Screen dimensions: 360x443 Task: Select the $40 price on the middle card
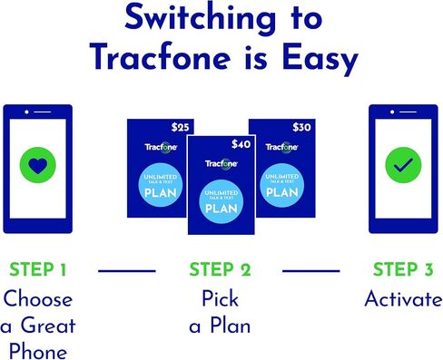(241, 143)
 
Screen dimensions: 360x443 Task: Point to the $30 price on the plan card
(300, 128)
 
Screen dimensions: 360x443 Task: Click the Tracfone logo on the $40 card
(221, 164)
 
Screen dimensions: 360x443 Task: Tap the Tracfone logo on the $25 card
(159, 147)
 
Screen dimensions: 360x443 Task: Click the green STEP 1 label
(38, 269)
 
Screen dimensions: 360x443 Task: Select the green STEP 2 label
(221, 269)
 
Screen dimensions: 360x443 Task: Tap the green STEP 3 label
(403, 269)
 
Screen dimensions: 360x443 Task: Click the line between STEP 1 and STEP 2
(126, 269)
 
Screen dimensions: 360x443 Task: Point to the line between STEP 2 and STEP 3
(312, 269)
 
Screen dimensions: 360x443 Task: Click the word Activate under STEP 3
(403, 300)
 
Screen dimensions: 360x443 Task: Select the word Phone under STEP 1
(38, 348)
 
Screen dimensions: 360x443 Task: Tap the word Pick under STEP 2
(221, 299)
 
